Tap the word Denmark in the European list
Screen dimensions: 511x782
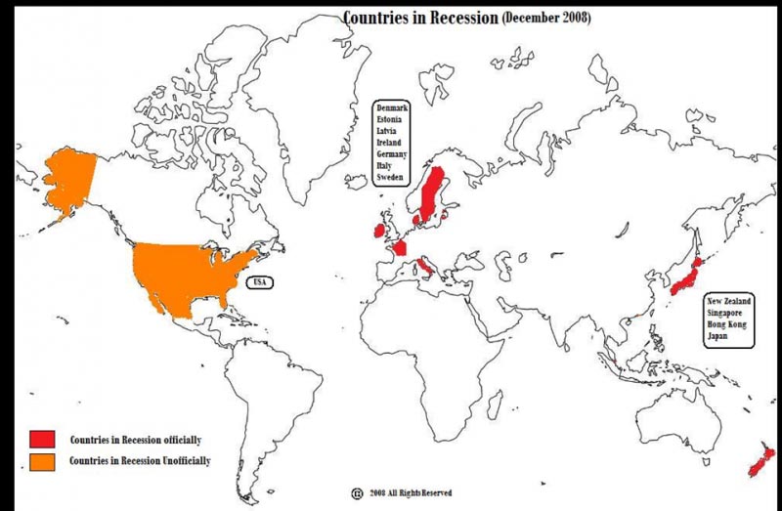391,107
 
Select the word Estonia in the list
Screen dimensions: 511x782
389,119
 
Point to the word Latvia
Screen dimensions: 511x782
387,131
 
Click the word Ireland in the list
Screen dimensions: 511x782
389,143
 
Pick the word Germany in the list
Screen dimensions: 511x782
391,154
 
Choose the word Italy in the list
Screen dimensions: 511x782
384,166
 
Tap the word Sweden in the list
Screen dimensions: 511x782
389,178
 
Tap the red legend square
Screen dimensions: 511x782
42,439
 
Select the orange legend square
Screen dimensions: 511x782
42,459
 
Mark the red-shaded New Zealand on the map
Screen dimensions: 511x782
760,460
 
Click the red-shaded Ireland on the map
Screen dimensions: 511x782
377,232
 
